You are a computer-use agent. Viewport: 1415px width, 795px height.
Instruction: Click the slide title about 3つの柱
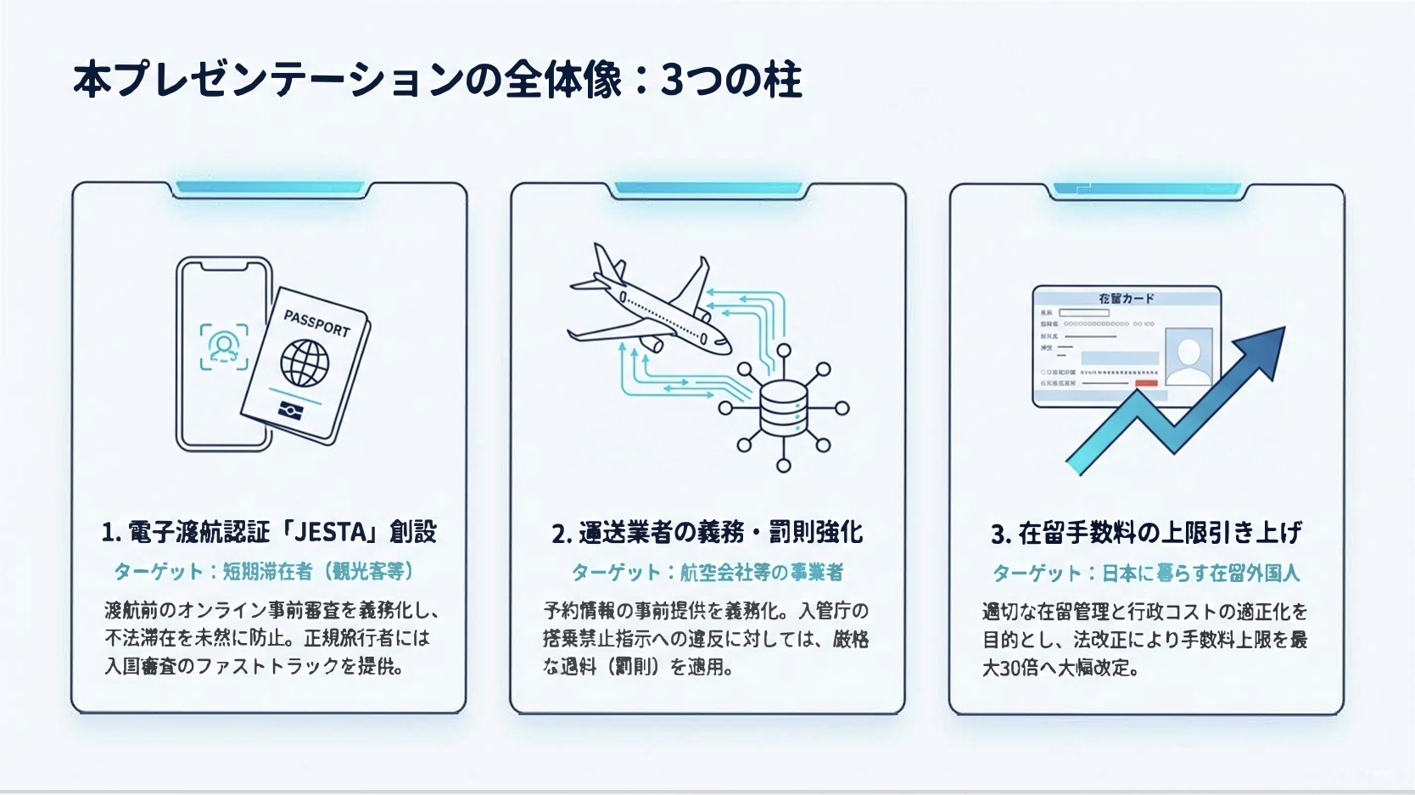pos(437,81)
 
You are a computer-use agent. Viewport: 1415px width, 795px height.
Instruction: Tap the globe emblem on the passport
pos(305,362)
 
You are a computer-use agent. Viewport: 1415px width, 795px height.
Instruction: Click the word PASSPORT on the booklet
pos(316,323)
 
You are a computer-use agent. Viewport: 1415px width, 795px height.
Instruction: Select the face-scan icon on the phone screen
pos(224,346)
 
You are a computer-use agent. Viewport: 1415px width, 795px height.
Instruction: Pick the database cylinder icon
pos(783,408)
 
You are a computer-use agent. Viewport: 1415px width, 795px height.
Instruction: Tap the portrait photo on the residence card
pos(1188,356)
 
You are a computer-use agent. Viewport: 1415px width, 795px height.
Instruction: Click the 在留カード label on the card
pos(1126,299)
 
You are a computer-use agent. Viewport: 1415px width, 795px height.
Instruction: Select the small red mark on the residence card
pos(1146,384)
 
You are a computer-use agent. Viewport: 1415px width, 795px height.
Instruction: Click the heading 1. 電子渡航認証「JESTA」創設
pos(269,532)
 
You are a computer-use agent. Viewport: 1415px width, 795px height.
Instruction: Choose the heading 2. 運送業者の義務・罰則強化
pos(707,533)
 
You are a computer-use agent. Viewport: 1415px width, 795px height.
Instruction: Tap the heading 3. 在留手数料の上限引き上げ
pos(1146,533)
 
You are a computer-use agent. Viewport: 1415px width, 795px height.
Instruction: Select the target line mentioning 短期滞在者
pos(264,571)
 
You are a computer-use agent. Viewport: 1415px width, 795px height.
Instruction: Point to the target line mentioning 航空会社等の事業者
pos(707,573)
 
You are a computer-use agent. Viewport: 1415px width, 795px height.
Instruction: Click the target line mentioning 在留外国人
pos(1146,574)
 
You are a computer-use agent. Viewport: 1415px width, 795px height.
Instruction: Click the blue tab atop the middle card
pos(707,188)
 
